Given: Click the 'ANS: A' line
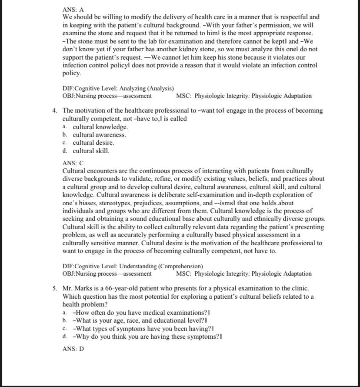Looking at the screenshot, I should tap(73, 10).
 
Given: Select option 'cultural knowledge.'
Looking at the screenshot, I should tap(100, 127).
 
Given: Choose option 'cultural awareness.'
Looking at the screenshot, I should tap(99, 135).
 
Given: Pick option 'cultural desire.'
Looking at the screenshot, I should tap(93, 143).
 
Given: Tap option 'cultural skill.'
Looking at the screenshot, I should tap(91, 151).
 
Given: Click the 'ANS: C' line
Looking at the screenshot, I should tap(73, 163).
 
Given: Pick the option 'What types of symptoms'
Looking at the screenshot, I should tap(143, 329).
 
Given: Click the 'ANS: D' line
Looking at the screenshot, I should tap(73, 349).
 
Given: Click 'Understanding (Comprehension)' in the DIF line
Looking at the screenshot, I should tap(160, 266).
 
